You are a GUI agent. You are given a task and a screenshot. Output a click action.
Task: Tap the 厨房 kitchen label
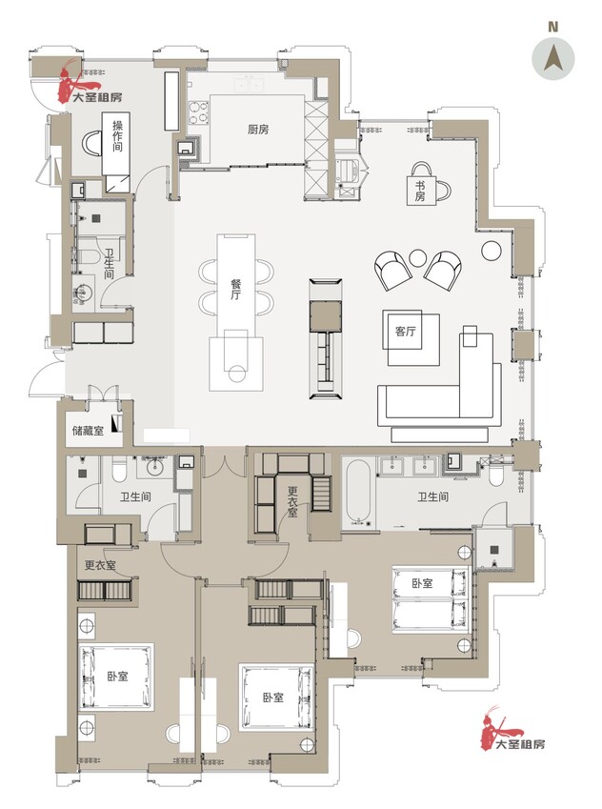click(258, 129)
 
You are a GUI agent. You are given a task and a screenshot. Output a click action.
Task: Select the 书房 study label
click(420, 191)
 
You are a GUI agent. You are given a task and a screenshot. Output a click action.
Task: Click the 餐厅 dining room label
click(235, 290)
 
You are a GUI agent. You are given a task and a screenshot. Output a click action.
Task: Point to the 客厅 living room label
click(406, 332)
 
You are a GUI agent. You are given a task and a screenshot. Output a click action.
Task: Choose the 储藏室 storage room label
click(89, 431)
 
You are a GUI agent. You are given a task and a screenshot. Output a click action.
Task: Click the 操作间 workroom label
click(117, 135)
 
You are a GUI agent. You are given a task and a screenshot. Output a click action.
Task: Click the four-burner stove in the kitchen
click(199, 112)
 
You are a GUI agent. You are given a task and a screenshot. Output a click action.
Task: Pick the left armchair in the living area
click(392, 271)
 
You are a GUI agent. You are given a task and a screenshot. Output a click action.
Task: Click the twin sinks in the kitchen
click(250, 83)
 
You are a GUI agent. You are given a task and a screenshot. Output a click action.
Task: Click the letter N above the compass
click(553, 28)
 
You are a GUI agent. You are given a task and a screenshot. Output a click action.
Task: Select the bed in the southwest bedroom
click(116, 676)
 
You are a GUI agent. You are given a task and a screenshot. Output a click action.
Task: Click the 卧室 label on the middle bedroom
click(273, 698)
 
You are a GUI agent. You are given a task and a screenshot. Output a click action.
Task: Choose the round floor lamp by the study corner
click(492, 251)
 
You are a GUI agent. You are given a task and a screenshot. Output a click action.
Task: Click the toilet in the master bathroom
click(495, 475)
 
